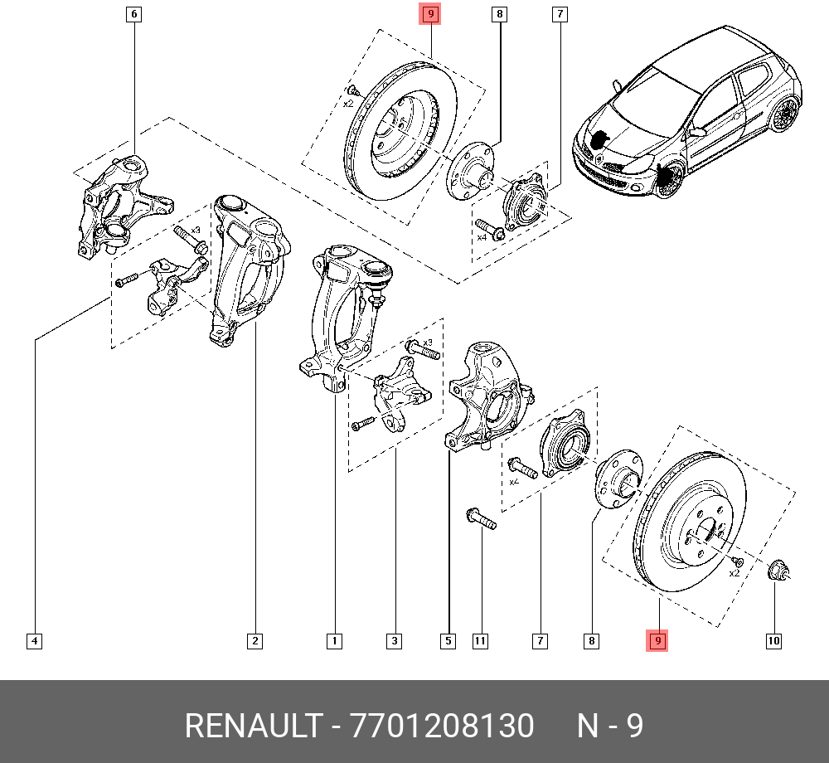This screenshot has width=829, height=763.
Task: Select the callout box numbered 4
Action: (x=34, y=640)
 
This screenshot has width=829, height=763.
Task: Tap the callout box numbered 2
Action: (x=255, y=640)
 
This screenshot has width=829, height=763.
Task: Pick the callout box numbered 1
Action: (x=334, y=640)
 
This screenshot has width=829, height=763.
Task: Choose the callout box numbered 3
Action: (x=394, y=640)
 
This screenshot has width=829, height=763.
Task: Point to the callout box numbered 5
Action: (x=448, y=640)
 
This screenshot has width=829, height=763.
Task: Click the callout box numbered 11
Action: (x=480, y=640)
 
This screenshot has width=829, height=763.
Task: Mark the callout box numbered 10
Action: (x=773, y=640)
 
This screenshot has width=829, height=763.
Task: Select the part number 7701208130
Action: (x=443, y=727)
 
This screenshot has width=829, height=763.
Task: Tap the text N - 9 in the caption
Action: (x=610, y=727)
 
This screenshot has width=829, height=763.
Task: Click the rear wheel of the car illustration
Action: (x=783, y=114)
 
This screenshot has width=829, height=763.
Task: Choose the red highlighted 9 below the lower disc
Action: (x=657, y=640)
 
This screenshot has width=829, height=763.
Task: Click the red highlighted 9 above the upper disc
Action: (x=430, y=14)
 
